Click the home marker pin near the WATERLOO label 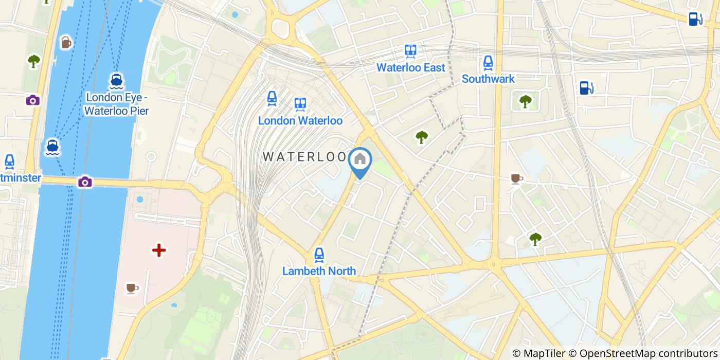tap(360, 159)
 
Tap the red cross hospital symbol tap(159, 250)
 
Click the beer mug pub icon tap(66, 42)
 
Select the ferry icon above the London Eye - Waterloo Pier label tap(116, 80)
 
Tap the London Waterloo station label tap(300, 120)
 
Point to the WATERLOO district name tap(304, 157)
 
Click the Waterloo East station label tap(410, 67)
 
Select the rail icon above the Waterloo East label tap(410, 50)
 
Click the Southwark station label tap(488, 79)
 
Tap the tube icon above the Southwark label tap(488, 63)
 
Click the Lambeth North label tap(319, 271)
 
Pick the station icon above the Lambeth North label tap(319, 254)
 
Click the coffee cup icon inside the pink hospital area tap(132, 287)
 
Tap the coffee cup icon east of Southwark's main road tap(516, 178)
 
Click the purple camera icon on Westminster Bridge tap(85, 182)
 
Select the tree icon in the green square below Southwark tap(525, 101)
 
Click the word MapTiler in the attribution tap(543, 353)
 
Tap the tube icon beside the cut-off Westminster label tap(9, 161)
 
